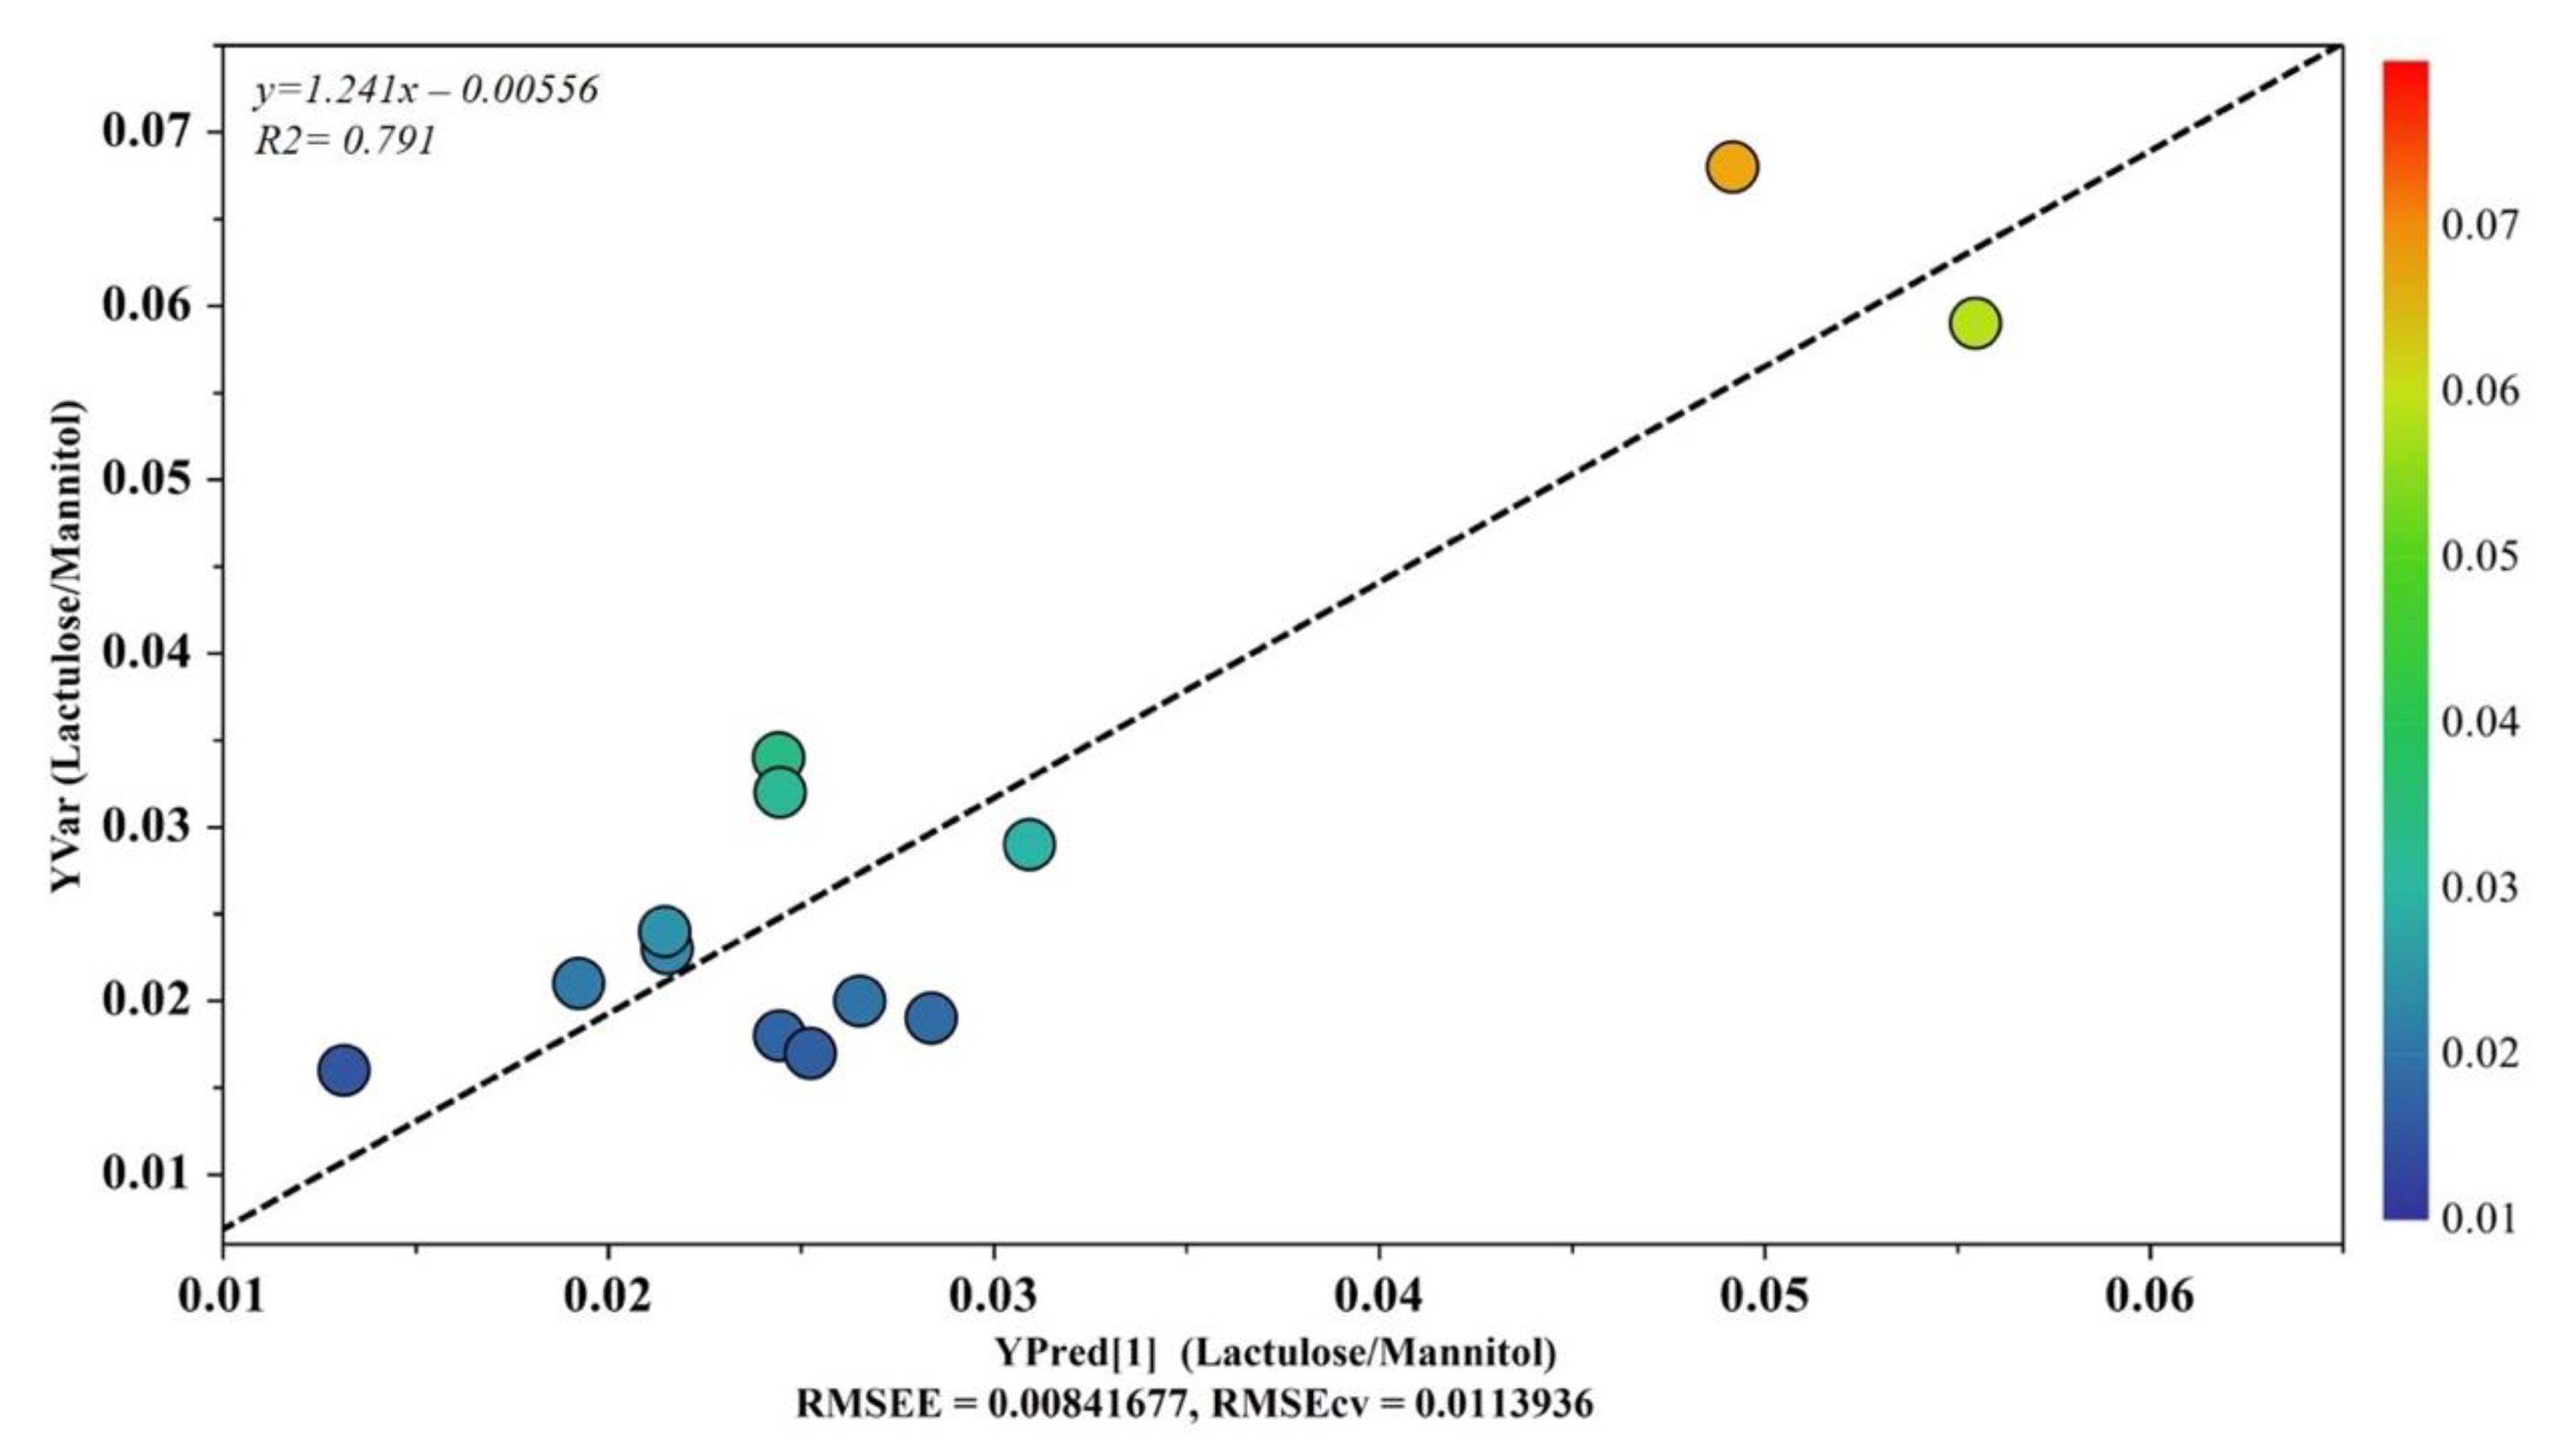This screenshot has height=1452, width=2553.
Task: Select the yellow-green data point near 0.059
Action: (1975, 323)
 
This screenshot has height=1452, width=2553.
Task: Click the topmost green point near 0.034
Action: (779, 757)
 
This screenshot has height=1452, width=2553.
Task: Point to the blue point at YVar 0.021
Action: (577, 983)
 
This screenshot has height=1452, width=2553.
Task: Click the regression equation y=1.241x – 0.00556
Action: (426, 90)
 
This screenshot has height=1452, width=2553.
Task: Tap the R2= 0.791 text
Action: (345, 141)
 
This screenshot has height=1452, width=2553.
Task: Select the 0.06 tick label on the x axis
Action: (2149, 1295)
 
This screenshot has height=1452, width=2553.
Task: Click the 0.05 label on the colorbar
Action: (2479, 555)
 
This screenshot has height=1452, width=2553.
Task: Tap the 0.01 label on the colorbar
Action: (2479, 1218)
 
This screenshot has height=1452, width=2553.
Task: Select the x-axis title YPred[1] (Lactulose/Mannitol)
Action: (1275, 1353)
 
